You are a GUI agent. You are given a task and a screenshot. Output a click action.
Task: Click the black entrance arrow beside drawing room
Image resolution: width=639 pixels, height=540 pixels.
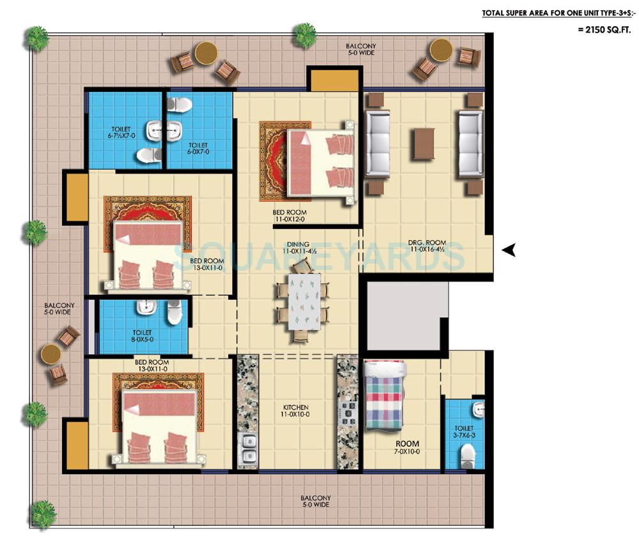click(509, 251)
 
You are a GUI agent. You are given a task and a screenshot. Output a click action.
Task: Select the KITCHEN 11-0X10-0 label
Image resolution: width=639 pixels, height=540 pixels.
click(296, 411)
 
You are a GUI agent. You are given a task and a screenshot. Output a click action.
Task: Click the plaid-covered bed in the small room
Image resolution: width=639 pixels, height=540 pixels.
click(384, 394)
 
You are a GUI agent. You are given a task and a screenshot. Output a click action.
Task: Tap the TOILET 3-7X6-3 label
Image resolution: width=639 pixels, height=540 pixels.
click(464, 432)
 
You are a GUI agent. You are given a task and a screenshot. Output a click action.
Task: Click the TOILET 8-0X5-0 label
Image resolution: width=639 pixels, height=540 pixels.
click(142, 336)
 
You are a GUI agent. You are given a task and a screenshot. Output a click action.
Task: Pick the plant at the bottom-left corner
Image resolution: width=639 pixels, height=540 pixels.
click(43, 514)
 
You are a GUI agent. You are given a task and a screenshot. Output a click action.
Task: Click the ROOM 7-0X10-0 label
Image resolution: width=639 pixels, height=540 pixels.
click(406, 447)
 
